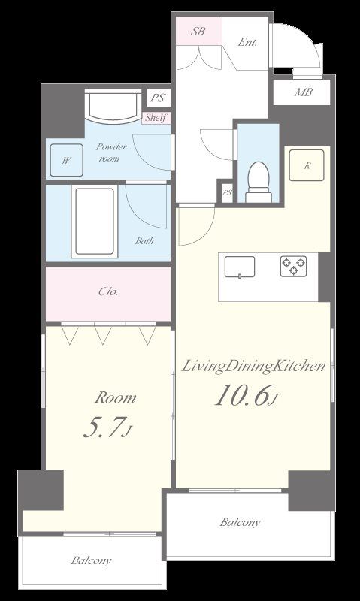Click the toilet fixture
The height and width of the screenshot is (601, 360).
pos(258,182)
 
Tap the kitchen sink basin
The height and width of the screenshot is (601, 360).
pos(240,267)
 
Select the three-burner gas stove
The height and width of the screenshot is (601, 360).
pos(293,266)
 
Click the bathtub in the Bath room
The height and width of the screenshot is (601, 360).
pos(95,222)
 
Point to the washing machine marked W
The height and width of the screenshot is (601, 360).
pos(66,160)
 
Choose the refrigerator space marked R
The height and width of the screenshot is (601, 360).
pos(307,165)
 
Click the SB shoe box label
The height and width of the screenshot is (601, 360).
pos(198,32)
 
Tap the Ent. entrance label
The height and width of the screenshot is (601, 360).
pos(247,42)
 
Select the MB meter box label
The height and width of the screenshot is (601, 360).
pos(304,92)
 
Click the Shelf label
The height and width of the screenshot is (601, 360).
pos(156,118)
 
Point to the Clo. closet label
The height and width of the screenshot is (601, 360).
pos(108,291)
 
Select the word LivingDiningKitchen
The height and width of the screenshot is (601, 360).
pos(253,367)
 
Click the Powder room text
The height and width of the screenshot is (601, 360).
pos(110,153)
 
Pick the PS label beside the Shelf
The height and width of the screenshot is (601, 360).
pos(158,98)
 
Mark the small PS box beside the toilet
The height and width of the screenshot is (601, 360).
pos(227,192)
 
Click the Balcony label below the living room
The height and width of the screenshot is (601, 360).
pos(240,522)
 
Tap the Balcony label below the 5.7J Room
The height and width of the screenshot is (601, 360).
pos(91,560)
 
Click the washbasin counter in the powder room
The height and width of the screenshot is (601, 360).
pos(113,105)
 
